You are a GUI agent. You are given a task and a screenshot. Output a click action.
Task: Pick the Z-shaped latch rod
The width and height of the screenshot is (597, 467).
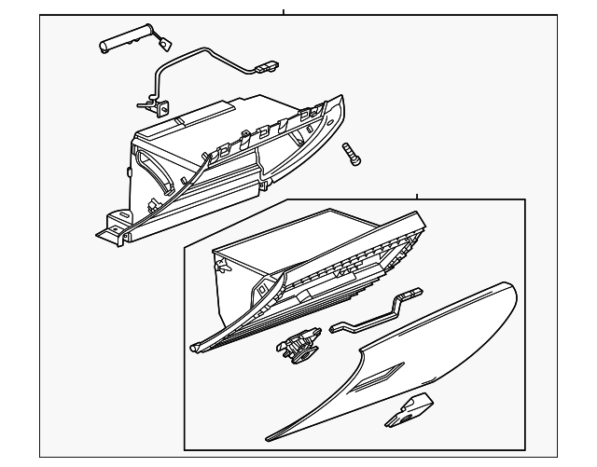[373, 311]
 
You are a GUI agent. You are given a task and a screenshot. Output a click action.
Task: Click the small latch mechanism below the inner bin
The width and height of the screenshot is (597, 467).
[296, 348]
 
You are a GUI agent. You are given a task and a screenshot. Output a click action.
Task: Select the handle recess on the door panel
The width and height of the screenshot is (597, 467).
[381, 378]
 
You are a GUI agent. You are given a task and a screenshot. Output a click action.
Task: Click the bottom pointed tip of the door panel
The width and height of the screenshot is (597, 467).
[271, 436]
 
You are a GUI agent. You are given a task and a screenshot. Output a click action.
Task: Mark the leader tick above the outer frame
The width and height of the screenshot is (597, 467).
[284, 13]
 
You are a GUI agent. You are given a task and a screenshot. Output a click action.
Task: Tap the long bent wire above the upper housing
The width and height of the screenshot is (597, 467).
[201, 65]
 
